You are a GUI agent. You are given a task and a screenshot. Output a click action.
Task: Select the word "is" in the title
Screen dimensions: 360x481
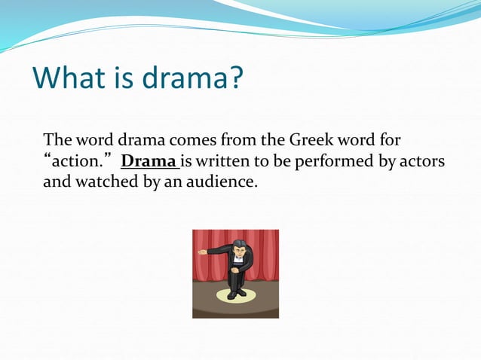(x=124, y=78)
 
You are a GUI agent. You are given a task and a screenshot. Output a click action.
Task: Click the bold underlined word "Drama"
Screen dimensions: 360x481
(x=149, y=161)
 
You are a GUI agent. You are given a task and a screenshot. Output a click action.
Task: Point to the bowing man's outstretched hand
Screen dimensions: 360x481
(x=201, y=252)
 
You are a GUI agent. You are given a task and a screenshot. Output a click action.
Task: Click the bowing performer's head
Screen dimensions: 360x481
(x=238, y=246)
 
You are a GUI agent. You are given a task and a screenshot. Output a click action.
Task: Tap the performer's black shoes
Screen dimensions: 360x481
(x=235, y=294)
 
